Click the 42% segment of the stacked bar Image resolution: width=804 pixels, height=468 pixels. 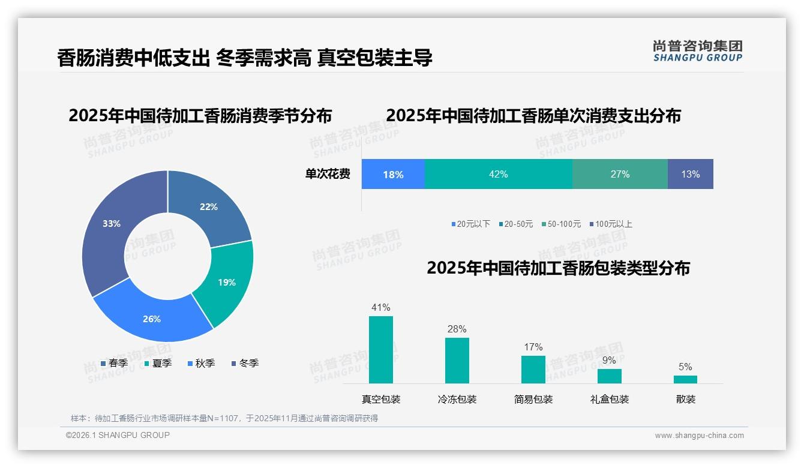click(498, 174)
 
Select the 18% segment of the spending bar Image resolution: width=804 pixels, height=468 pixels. click(393, 174)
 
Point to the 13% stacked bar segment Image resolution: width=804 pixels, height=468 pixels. click(690, 174)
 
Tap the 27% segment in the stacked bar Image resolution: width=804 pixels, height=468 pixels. click(620, 174)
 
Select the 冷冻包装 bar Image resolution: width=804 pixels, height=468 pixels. click(457, 360)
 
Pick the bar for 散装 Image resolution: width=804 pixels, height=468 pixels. click(685, 379)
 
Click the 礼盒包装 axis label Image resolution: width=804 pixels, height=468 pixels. click(609, 399)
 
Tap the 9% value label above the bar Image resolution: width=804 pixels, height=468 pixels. click(609, 360)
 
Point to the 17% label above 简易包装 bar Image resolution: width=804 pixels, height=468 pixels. click(533, 347)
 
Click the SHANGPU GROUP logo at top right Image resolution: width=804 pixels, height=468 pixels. click(697, 50)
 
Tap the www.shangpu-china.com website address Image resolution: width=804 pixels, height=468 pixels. click(699, 435)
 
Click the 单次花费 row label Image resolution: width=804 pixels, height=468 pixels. click(328, 174)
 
